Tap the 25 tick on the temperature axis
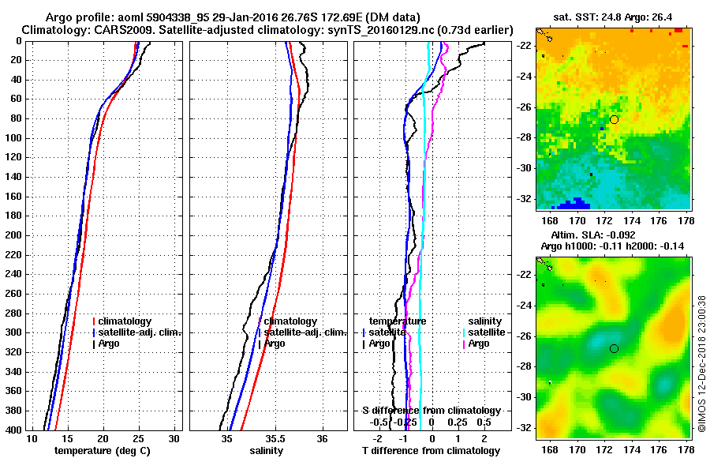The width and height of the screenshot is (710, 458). pos(138,438)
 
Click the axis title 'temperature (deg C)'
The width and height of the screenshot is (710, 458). pos(103,450)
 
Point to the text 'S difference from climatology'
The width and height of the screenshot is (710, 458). pos(432,411)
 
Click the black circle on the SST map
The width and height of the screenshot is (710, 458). pos(615,119)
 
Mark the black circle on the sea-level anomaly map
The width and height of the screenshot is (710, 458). pos(615,348)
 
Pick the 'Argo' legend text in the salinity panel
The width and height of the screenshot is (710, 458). pos(275,343)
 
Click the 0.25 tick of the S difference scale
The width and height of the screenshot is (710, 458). pos(458,422)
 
